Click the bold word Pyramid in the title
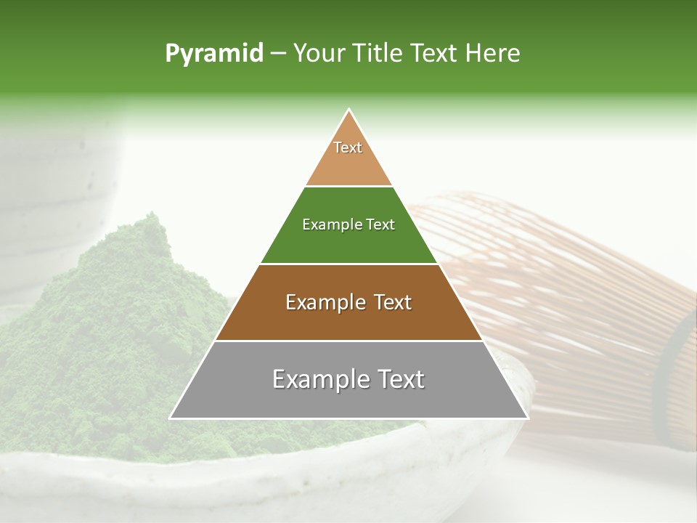214,53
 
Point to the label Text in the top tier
348,147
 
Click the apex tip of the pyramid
349,110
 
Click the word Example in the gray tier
320,379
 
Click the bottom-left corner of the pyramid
171,418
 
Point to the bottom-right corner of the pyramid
527,418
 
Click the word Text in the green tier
380,224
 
